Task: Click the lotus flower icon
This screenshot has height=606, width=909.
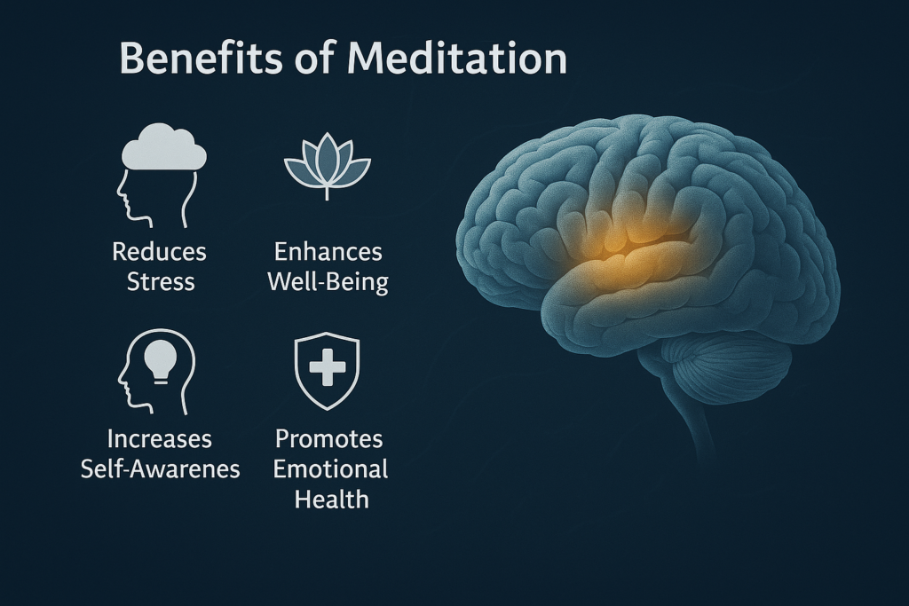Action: coord(327,165)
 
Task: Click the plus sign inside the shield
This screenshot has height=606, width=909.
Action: coord(328,366)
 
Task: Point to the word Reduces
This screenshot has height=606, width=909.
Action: coord(160,251)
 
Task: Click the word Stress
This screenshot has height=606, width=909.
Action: coord(161,281)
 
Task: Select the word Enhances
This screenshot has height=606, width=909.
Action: coord(328,251)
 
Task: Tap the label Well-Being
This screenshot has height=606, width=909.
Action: coord(328,282)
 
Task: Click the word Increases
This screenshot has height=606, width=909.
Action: coord(160,438)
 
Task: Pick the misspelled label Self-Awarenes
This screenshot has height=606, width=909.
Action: coord(160,468)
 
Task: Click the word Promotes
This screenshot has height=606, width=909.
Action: coord(328,438)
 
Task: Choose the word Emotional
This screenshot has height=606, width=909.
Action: coord(330,468)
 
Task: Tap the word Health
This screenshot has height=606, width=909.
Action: coord(332,499)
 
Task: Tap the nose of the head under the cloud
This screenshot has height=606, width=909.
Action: coord(119,198)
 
